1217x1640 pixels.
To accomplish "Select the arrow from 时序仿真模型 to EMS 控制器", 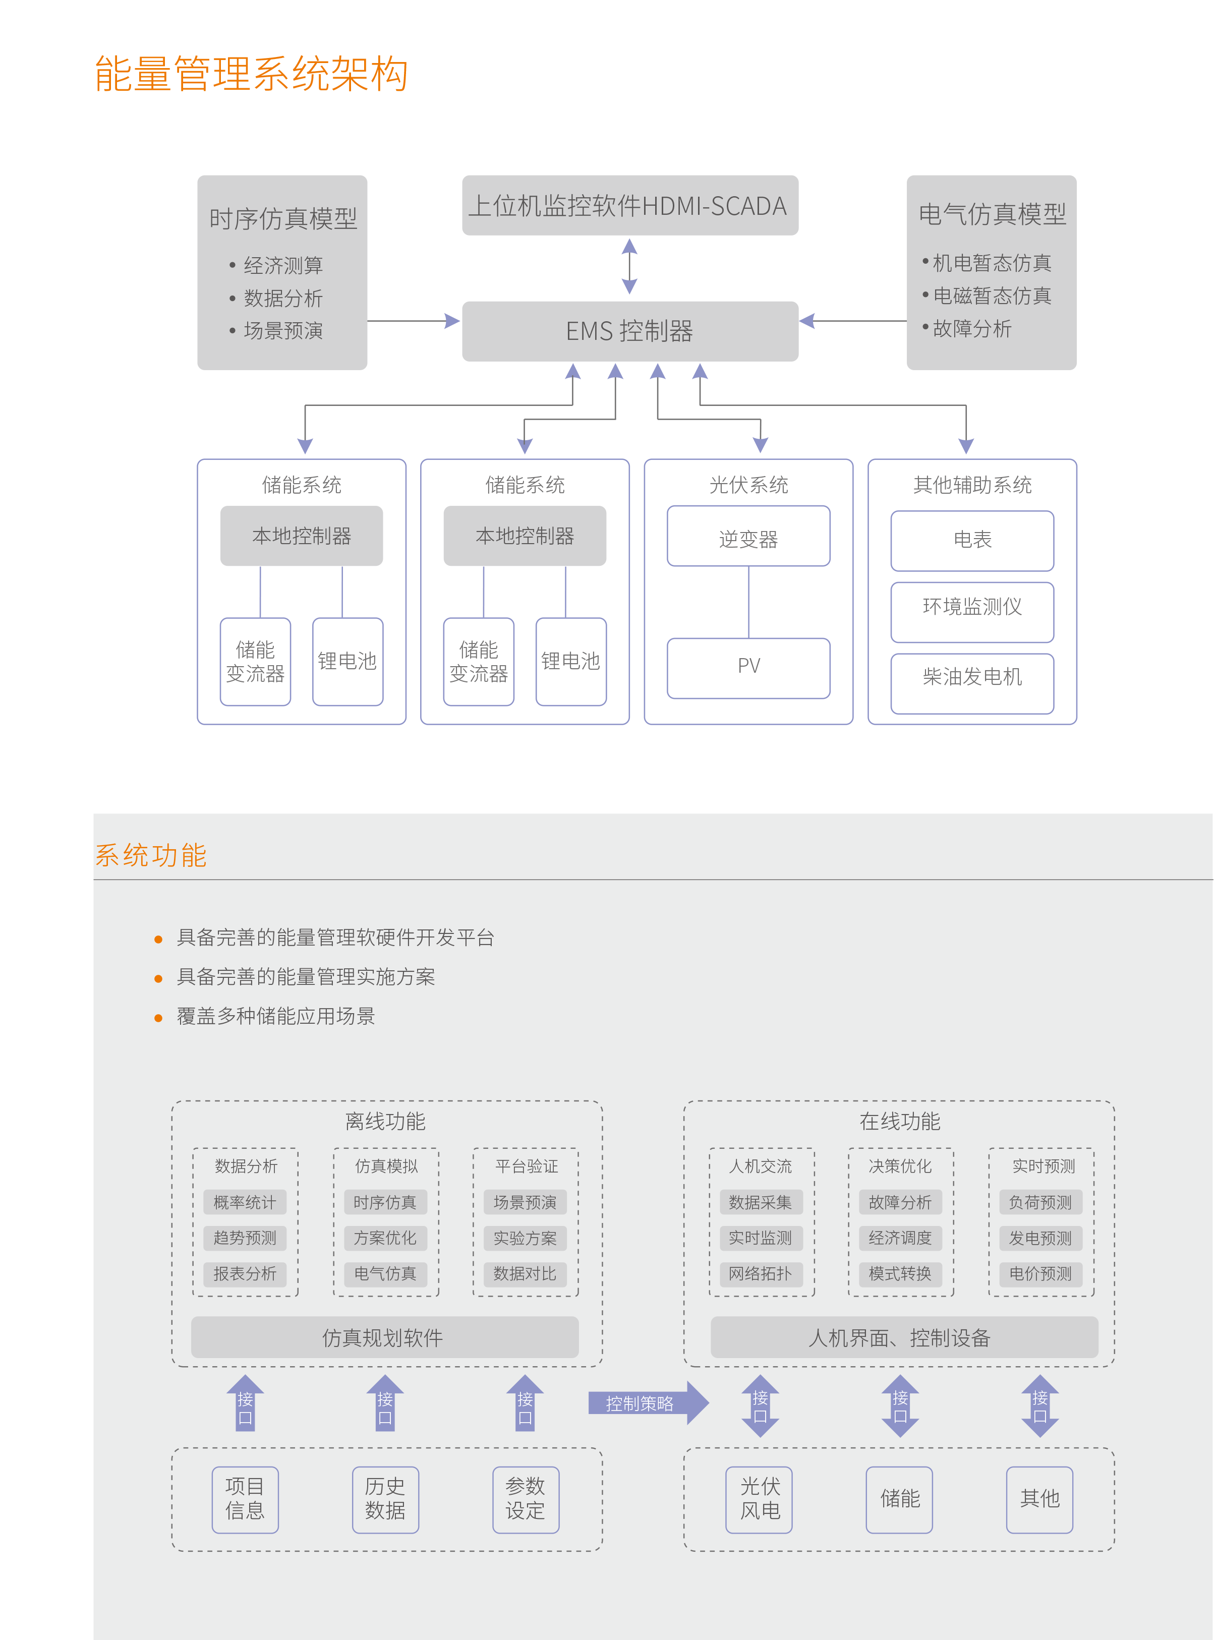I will click(413, 321).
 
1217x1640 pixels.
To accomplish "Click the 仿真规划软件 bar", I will click(384, 1337).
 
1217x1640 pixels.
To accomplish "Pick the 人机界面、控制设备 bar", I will click(903, 1337).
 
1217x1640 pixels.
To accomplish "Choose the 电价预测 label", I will click(1039, 1274).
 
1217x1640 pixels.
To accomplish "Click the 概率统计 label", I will click(245, 1203).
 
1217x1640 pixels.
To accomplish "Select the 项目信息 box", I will click(245, 1499).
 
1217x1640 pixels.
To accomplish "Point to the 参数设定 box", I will click(525, 1499).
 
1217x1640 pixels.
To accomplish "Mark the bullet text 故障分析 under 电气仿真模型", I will click(972, 329).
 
